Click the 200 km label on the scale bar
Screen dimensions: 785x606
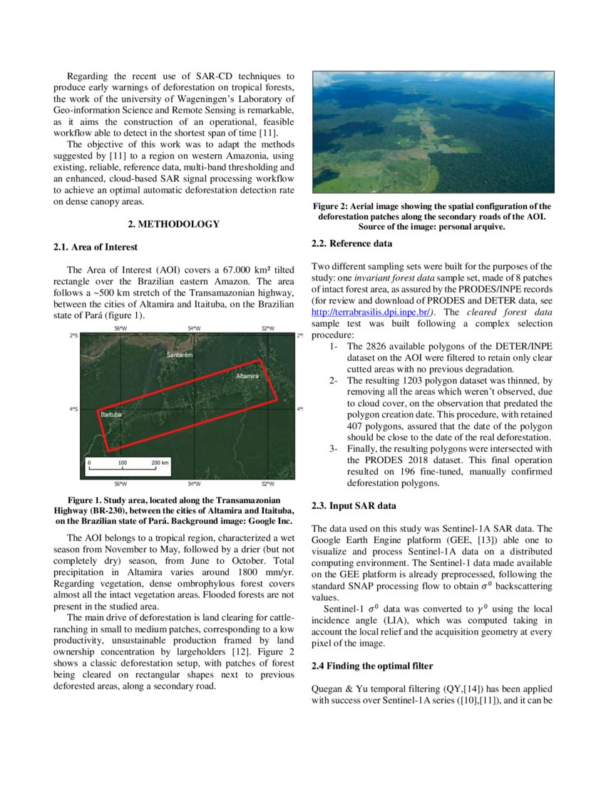click(160, 462)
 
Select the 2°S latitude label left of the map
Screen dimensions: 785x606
click(74, 335)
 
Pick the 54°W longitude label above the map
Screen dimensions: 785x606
click(193, 328)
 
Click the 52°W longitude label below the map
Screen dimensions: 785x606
click(267, 485)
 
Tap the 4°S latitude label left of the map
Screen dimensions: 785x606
click(74, 409)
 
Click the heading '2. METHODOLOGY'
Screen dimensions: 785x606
click(173, 224)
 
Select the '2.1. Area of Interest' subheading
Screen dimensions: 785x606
click(96, 247)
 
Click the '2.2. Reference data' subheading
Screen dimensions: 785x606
click(352, 243)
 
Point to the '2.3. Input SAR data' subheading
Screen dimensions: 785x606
click(354, 506)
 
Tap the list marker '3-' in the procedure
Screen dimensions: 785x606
click(334, 449)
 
